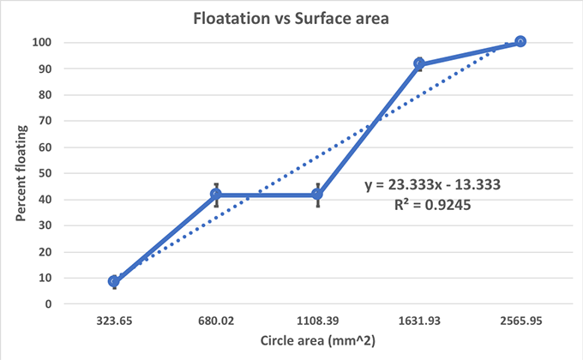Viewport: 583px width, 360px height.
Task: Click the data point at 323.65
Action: (x=114, y=281)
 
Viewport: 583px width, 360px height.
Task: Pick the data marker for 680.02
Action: (x=216, y=195)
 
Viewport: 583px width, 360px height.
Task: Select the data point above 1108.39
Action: (x=317, y=195)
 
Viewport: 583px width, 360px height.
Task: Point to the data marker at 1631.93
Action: (x=419, y=63)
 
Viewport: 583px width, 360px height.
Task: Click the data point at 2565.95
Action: (x=520, y=41)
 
